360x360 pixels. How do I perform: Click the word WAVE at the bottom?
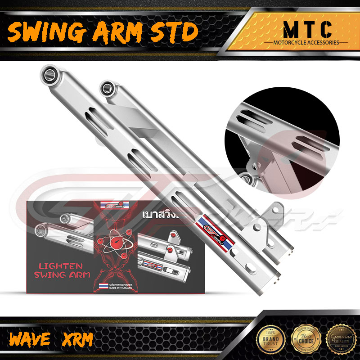(x=29, y=339)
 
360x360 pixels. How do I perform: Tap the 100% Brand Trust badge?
(x=270, y=339)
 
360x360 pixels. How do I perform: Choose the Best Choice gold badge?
(x=303, y=339)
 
